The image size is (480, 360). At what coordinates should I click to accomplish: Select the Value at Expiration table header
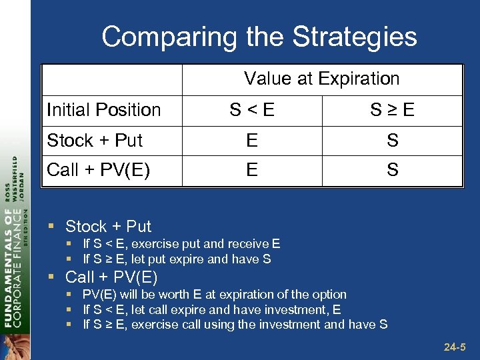321,79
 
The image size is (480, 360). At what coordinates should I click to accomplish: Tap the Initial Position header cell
104,110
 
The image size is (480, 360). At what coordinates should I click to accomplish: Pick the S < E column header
251,110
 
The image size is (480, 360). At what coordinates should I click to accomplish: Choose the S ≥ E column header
392,110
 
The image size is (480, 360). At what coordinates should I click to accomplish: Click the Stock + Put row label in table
95,141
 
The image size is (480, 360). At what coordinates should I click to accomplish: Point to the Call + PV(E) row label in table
98,170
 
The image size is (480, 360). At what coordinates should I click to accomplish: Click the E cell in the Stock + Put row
251,141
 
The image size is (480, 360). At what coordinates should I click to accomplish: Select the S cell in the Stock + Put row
392,141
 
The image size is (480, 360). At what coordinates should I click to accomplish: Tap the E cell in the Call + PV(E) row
251,170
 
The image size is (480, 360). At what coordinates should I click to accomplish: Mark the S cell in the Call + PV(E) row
392,170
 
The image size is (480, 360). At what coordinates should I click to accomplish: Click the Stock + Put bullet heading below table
108,227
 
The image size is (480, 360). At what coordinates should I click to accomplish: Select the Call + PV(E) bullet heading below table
111,277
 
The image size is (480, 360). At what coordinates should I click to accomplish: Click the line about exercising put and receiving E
181,244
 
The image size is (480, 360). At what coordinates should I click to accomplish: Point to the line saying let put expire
177,259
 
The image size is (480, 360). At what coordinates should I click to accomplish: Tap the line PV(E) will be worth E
215,294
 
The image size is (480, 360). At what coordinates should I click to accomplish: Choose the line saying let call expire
212,309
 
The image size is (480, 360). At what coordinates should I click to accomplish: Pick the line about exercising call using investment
235,325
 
